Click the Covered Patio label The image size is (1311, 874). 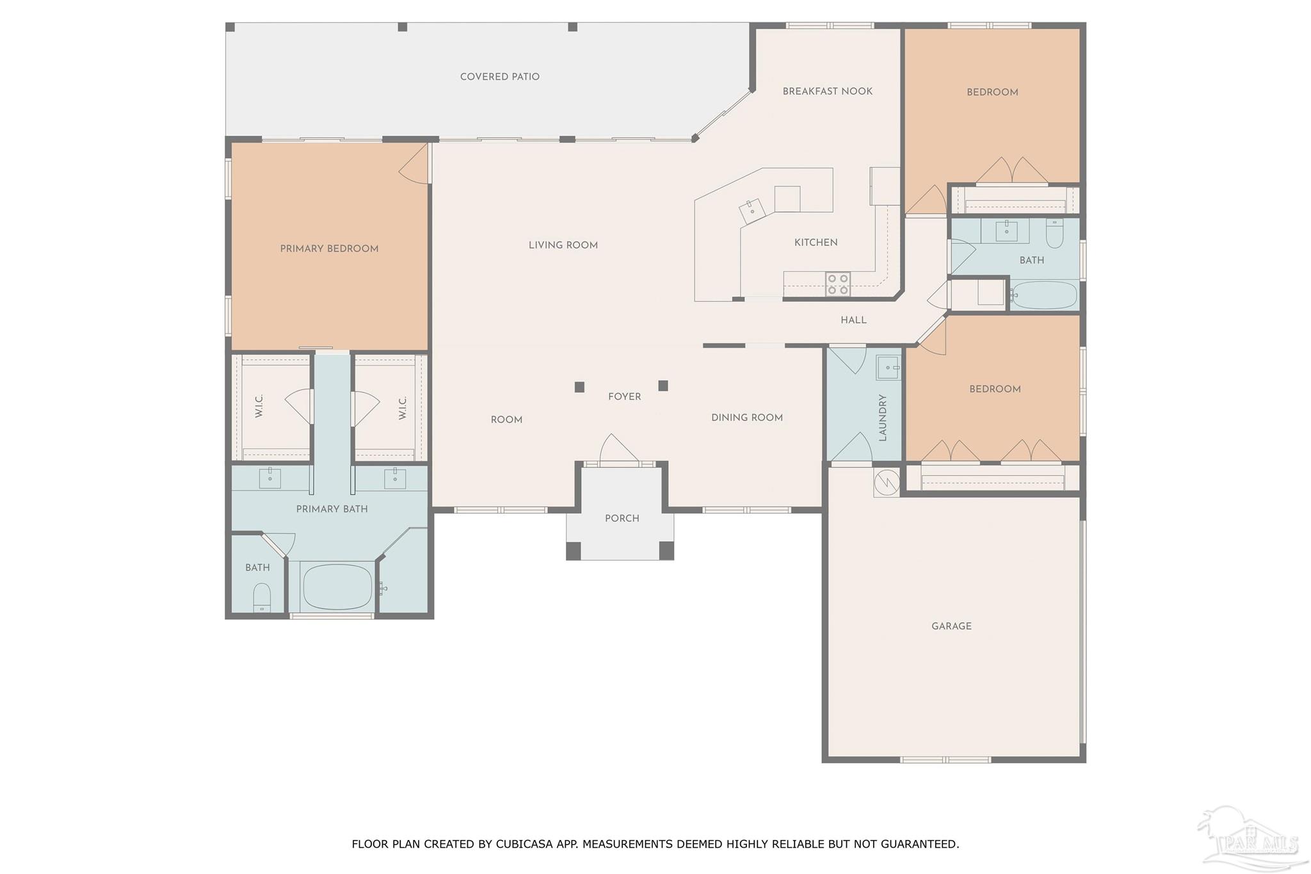500,77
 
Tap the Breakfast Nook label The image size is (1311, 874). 828,92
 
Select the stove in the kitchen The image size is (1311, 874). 838,284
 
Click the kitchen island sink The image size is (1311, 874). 752,210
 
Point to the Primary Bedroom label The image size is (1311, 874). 329,248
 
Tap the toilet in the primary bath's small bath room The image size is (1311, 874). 262,597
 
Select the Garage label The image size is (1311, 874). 951,626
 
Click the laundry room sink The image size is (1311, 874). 889,368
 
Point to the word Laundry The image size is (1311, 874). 883,418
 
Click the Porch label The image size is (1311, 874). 622,518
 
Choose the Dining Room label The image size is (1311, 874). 747,417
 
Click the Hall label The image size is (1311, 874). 853,320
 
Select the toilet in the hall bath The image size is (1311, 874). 1054,233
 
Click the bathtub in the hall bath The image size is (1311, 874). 1045,295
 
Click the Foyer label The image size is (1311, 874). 625,397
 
